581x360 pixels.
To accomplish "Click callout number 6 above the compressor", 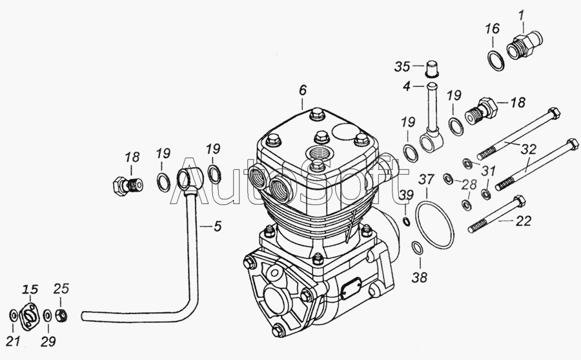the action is (303, 90).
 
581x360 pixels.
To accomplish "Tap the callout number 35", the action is (402, 66).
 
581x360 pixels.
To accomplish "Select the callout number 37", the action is (426, 179).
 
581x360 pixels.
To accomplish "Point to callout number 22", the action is (524, 221).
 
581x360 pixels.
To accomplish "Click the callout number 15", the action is (31, 289).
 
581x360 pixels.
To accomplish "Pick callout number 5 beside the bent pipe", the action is (218, 226).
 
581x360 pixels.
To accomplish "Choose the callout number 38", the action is (420, 277).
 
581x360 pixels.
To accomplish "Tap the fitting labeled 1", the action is (524, 45).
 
